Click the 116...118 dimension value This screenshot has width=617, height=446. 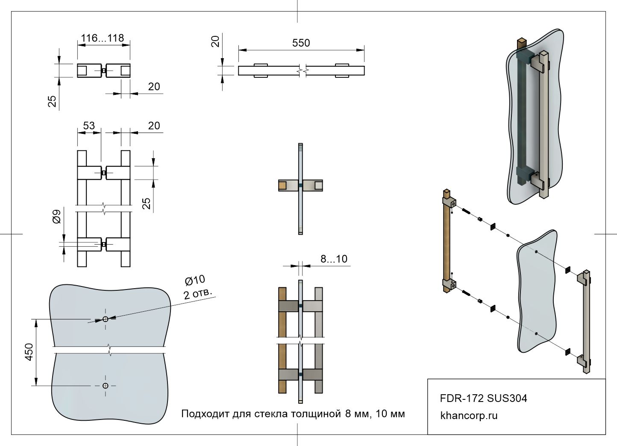point(103,38)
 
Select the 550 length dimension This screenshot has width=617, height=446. point(301,43)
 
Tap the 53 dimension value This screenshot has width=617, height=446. point(88,126)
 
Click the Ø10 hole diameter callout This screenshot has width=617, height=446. point(195,281)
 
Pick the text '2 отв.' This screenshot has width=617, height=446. point(197,294)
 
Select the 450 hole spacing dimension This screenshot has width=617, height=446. point(29,352)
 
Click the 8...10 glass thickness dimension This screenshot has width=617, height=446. point(334,259)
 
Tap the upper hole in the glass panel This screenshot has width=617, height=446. point(106,319)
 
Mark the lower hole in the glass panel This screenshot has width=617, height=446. point(106,386)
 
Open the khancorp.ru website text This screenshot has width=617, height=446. point(469,416)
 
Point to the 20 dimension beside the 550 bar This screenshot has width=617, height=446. point(216,41)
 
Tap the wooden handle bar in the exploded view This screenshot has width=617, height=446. point(447,244)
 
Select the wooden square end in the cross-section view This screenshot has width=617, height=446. point(282,186)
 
